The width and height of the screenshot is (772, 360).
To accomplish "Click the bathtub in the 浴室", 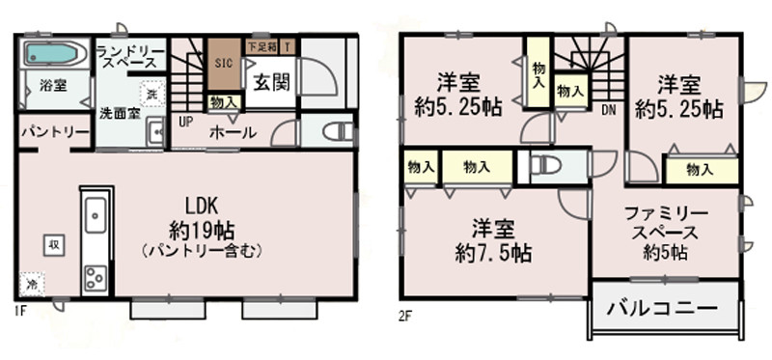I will coord(51,53).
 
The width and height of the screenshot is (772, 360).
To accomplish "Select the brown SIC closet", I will coord(223,63).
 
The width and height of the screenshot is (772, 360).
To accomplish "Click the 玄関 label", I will coord(272,82).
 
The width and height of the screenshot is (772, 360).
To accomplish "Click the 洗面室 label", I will coord(119,112).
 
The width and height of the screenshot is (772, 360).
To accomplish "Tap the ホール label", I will coord(232,132).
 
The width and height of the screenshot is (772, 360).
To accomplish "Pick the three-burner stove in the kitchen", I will coord(96,278).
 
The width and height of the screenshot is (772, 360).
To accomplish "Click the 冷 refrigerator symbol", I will coord(32,285).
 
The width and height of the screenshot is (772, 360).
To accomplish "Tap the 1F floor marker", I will coord(19,312).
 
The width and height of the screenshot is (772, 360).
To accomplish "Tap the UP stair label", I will coord(184,122).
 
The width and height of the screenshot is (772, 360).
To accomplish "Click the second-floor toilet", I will coord(546,164).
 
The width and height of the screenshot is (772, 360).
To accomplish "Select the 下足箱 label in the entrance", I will coord(262,45).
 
